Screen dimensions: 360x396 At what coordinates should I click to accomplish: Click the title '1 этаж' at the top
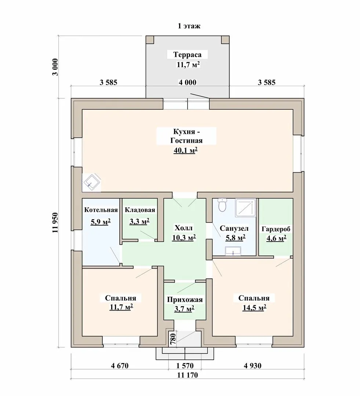189,26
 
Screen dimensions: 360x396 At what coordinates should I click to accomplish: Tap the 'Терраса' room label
187,55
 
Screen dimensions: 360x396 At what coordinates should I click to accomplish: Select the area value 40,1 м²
185,151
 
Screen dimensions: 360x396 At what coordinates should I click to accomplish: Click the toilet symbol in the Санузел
222,205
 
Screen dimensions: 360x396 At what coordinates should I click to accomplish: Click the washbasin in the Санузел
233,251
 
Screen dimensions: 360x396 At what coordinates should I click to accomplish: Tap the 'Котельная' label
101,210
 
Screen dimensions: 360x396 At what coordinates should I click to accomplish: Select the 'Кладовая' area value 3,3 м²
139,222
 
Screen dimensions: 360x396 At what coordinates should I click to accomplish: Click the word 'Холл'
183,228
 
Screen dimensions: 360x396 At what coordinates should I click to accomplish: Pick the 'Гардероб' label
276,229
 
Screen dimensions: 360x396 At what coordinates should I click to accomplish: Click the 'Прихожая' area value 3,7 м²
184,309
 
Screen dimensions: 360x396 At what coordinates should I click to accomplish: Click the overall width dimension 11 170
187,375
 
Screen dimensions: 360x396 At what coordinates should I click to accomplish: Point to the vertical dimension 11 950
55,223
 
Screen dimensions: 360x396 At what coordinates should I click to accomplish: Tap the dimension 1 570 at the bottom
185,366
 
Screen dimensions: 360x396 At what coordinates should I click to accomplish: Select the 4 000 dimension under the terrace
187,82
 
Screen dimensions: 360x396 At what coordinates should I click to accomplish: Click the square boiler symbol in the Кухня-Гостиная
91,182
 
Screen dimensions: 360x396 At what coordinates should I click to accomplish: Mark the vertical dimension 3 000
55,67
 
